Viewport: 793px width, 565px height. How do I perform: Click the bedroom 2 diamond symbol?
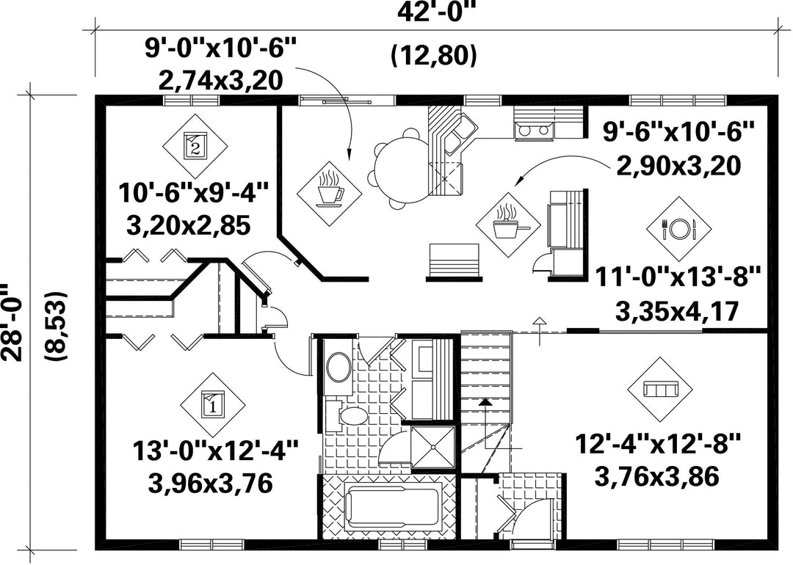195,146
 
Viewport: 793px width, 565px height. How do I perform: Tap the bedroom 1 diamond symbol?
212,405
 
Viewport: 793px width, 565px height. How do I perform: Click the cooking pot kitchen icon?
510,225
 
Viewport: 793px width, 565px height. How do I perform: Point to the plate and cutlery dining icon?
679,229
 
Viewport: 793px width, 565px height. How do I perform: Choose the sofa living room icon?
660,390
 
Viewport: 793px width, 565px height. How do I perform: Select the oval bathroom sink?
338,368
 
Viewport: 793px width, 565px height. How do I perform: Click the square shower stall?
432,448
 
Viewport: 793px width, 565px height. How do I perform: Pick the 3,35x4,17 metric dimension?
677,311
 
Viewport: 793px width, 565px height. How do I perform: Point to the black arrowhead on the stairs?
485,402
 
